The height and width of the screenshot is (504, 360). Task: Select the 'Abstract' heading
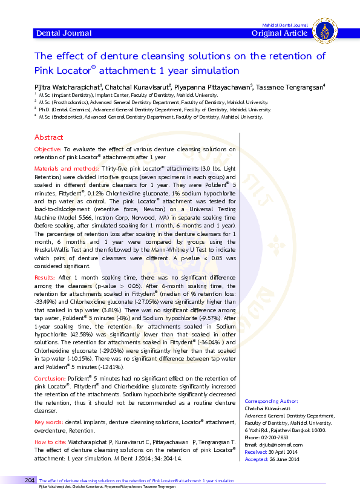(48, 137)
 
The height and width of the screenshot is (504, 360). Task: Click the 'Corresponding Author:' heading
(271, 401)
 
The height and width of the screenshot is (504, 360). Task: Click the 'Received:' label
(255, 452)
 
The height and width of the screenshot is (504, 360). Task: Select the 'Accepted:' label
(256, 459)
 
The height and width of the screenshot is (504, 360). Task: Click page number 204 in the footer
(31, 480)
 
